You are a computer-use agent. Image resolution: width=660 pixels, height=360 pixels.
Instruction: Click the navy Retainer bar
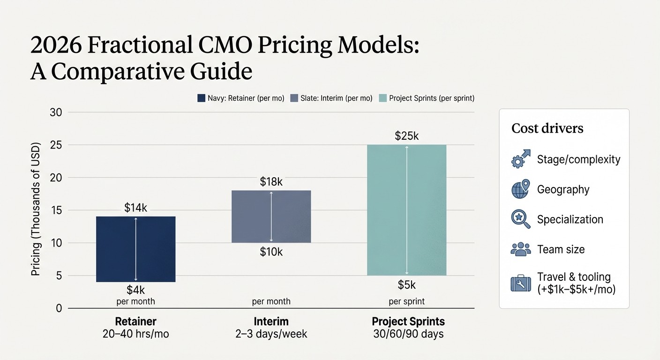point(135,249)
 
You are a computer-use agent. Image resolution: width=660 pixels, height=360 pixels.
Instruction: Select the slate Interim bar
point(271,216)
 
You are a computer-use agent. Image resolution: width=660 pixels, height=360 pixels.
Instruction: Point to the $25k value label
point(406,136)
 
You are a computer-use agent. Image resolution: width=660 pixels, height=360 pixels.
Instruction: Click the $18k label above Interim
point(271,182)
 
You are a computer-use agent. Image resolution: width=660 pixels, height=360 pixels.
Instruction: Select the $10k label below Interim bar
point(271,252)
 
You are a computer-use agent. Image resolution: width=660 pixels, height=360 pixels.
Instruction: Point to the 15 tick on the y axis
point(56,210)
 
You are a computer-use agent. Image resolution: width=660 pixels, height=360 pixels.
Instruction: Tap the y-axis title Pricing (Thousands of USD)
point(36,208)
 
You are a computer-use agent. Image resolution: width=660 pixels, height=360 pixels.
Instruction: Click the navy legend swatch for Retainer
point(202,98)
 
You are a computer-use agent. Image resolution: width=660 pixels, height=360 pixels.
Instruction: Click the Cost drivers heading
point(547,128)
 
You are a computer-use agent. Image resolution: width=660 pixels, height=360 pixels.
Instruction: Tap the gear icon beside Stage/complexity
point(520,159)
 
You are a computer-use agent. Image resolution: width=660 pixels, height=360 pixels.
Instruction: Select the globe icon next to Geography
point(520,189)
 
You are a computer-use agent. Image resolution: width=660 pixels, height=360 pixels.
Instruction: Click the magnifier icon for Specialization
point(520,219)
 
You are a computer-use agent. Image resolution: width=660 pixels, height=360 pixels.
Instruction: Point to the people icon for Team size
point(520,249)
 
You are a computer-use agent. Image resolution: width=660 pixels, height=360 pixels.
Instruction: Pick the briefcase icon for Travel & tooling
point(520,283)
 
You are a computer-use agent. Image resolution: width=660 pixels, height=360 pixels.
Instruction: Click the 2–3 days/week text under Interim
point(271,335)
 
